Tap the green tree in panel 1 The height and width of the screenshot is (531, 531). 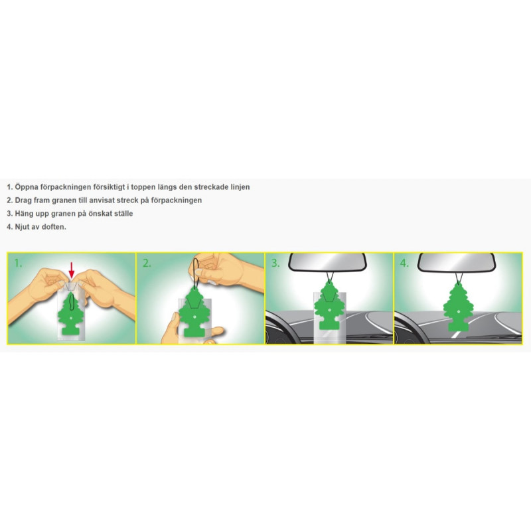(71, 316)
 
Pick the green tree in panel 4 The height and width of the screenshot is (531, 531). (457, 307)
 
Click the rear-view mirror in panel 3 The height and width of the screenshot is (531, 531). (327, 262)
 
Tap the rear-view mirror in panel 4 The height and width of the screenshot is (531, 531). (457, 262)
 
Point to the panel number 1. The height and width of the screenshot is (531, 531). (18, 263)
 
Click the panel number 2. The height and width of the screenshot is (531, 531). (147, 263)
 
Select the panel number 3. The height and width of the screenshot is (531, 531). (275, 263)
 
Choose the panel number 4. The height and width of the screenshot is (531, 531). (404, 263)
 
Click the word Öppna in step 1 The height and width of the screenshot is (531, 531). (27, 187)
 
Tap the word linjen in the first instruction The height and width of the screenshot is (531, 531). (240, 187)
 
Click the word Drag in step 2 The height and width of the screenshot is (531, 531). (23, 200)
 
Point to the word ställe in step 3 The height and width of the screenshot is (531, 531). (123, 213)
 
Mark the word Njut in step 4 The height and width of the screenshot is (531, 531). (23, 226)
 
